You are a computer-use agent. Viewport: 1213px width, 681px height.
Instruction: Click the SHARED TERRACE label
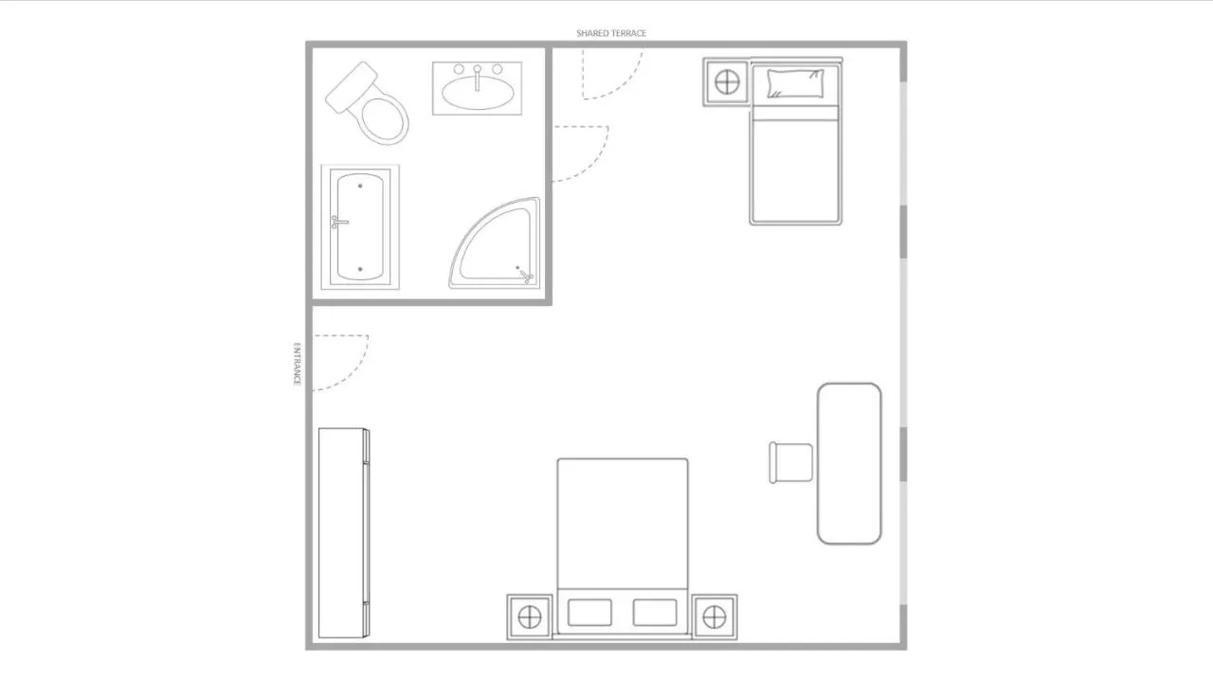[x=611, y=33]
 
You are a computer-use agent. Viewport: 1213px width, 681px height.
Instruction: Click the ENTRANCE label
[x=297, y=364]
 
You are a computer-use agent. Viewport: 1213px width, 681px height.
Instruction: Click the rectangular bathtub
[x=360, y=227]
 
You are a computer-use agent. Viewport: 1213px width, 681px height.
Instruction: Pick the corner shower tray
[x=495, y=243]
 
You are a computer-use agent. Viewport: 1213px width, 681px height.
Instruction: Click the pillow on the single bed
[x=795, y=84]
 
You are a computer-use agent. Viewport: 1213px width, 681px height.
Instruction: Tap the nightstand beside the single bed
[x=726, y=82]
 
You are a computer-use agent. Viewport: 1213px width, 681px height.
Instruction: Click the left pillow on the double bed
[x=589, y=612]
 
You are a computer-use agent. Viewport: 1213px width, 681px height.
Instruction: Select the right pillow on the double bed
[x=655, y=612]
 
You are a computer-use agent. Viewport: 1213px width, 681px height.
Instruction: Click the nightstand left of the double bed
[x=530, y=618]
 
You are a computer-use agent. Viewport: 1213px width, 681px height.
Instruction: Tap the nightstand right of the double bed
[x=715, y=618]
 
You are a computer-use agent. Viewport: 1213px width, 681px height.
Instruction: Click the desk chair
[x=790, y=463]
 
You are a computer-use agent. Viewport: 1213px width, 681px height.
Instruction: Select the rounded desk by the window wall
[x=849, y=463]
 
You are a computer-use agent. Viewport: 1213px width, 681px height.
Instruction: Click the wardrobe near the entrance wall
[x=344, y=533]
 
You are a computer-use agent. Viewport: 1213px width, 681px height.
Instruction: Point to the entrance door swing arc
[x=354, y=373]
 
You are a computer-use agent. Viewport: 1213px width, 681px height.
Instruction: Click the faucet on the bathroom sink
[x=477, y=78]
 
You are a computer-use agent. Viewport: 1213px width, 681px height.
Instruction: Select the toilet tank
[x=351, y=87]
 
